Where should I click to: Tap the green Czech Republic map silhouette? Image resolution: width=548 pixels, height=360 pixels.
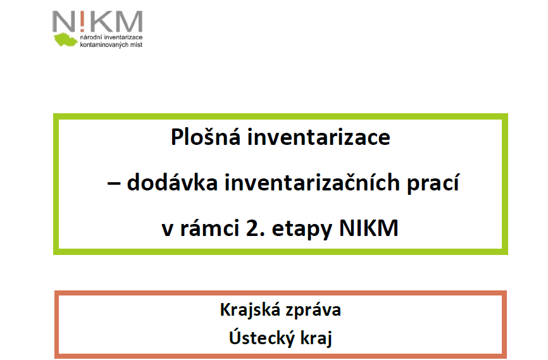pyautogui.click(x=65, y=39)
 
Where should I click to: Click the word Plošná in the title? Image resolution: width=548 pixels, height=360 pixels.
pyautogui.click(x=206, y=137)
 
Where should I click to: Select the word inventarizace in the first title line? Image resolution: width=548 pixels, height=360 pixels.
pyautogui.click(x=319, y=137)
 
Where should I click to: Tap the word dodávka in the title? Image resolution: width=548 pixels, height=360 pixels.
pyautogui.click(x=172, y=182)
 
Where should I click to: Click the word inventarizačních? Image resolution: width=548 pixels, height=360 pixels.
pyautogui.click(x=312, y=182)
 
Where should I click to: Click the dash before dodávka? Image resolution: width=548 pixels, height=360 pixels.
pyautogui.click(x=113, y=184)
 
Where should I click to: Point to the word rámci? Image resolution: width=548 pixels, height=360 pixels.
pyautogui.click(x=209, y=228)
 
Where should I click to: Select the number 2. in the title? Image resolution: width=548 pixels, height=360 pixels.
pyautogui.click(x=255, y=228)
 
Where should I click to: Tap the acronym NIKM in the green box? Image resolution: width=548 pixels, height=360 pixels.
pyautogui.click(x=369, y=228)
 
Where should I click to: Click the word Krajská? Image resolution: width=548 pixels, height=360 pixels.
pyautogui.click(x=250, y=309)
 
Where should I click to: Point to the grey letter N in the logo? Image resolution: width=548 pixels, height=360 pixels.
pyautogui.click(x=63, y=22)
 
